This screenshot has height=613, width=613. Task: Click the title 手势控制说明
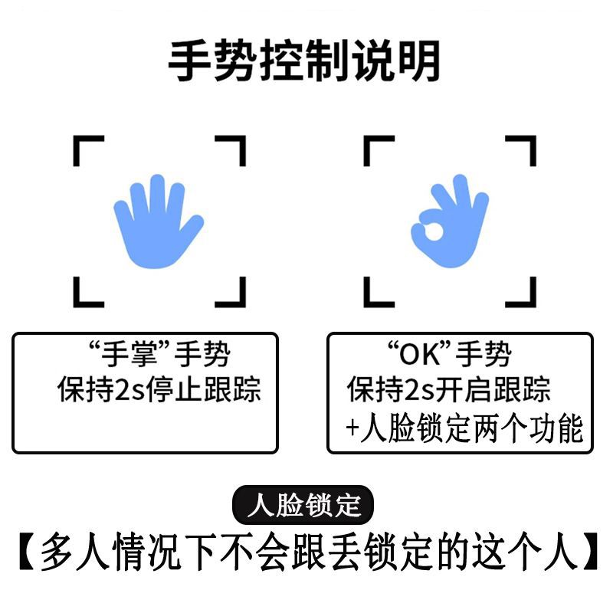[304, 61]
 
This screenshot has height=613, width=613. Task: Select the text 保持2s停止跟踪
[159, 390]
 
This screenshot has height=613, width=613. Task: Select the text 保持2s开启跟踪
[449, 390]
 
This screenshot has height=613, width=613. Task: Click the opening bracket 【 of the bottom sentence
[26, 551]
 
